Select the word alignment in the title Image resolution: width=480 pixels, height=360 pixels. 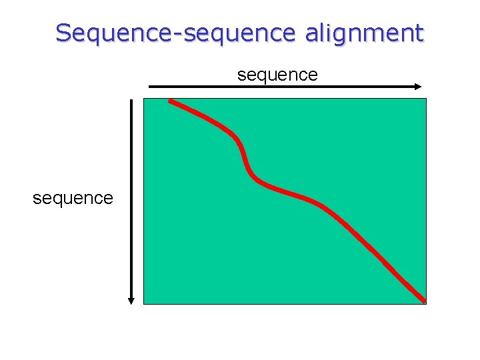[x=364, y=33]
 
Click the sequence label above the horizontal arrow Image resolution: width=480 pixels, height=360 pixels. [x=277, y=75]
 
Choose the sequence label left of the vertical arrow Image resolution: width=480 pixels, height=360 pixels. [x=73, y=198]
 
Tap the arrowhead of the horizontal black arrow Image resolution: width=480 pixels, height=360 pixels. [x=417, y=87]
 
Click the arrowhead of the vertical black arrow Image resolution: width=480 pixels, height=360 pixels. [x=132, y=300]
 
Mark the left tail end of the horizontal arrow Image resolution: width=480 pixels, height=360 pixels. [x=149, y=87]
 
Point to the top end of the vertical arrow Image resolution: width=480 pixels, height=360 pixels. [x=132, y=101]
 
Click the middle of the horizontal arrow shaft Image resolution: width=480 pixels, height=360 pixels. [x=283, y=87]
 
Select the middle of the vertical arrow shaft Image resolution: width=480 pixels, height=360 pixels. [x=132, y=200]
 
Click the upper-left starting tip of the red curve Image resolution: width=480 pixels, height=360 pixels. [x=171, y=101]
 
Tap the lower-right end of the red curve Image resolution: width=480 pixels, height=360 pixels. [x=423, y=300]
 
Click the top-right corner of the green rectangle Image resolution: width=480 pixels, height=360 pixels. [x=425, y=99]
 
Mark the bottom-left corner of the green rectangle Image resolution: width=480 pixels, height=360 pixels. [x=145, y=303]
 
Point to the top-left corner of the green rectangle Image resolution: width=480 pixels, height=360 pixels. [x=145, y=99]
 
